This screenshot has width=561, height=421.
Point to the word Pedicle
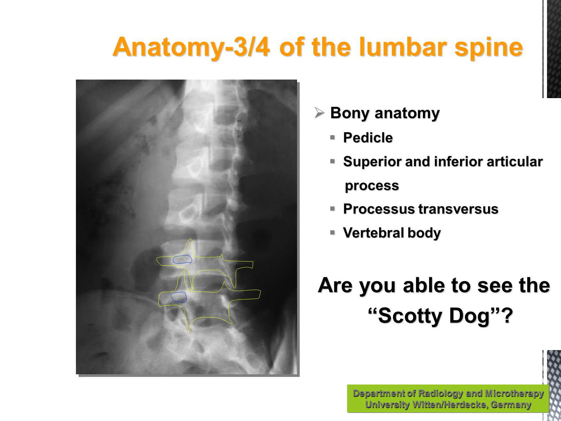pyautogui.click(x=368, y=138)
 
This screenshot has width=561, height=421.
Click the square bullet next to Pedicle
pyautogui.click(x=333, y=137)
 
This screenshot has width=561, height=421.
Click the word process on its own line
pyautogui.click(x=372, y=186)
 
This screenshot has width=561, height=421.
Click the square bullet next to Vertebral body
pyautogui.click(x=333, y=232)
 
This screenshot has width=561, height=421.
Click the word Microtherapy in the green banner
pyautogui.click(x=514, y=394)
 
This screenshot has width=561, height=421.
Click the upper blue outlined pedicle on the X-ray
pyautogui.click(x=183, y=259)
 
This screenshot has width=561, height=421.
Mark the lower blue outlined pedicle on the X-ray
pyautogui.click(x=179, y=297)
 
